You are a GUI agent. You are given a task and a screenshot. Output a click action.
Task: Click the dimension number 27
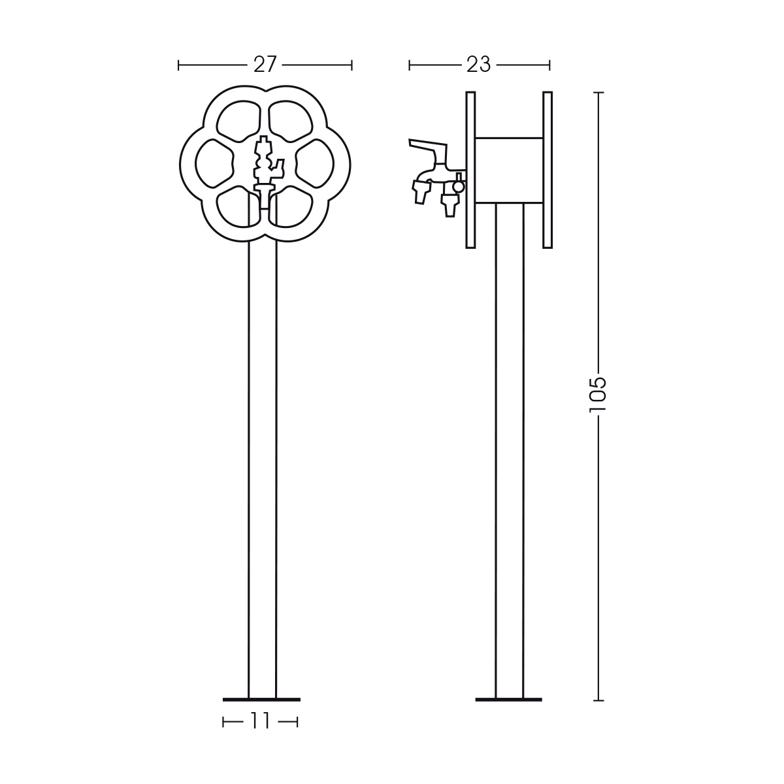point(265,65)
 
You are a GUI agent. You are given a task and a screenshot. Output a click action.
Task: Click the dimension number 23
point(479,65)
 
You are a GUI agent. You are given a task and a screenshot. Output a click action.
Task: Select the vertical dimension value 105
point(598,395)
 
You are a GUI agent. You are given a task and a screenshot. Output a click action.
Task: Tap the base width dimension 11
point(261,721)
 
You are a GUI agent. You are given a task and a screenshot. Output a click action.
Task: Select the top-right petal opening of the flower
point(291,121)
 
